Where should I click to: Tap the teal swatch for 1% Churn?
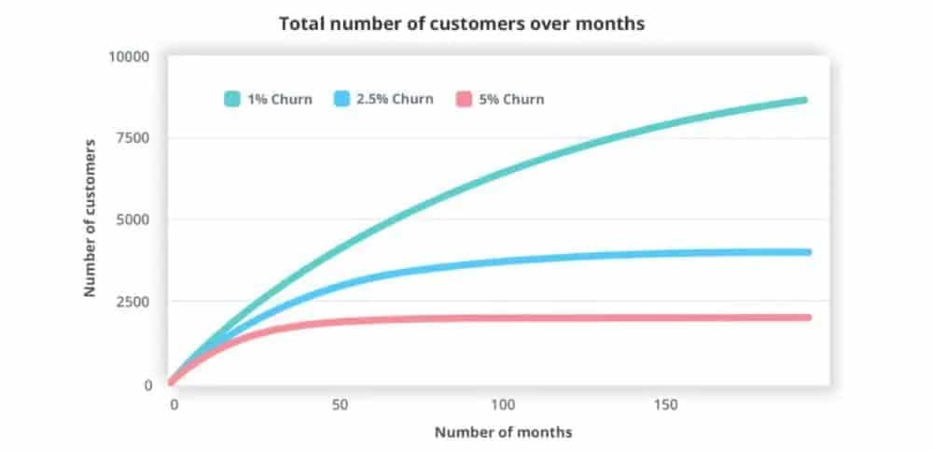pos(232,99)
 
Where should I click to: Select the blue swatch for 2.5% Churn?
pos(341,99)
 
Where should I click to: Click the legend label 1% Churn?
pos(280,99)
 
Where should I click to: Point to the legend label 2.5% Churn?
pos(396,99)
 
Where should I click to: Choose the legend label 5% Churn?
pos(511,99)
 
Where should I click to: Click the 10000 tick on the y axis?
pos(130,56)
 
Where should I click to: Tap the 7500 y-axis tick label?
pos(133,138)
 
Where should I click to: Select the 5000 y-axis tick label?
pos(133,220)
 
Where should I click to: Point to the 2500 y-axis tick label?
pos(133,303)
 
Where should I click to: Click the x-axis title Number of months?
pos(503,432)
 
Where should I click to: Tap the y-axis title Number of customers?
pos(91,218)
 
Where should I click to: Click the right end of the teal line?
pos(803,100)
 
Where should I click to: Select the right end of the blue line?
pos(806,252)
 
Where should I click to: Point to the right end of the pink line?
pos(806,317)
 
